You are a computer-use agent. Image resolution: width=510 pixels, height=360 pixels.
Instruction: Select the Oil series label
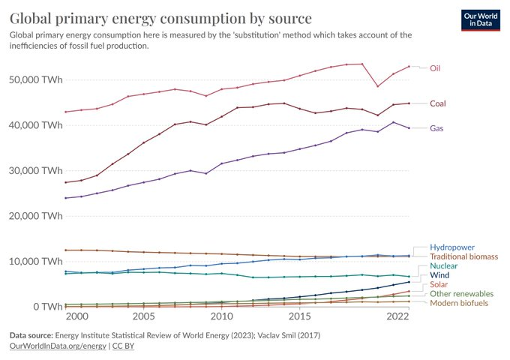(434, 68)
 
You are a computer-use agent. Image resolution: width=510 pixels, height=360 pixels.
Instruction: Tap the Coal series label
(438, 103)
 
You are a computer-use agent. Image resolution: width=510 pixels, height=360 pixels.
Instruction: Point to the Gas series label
(436, 128)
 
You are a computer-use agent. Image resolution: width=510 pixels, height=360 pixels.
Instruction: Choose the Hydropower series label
(452, 247)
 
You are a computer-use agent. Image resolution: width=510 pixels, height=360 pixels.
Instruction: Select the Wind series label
(440, 276)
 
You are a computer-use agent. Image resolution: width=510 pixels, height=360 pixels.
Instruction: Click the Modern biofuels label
(460, 303)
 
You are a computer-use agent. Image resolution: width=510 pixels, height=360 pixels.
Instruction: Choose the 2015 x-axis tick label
(299, 317)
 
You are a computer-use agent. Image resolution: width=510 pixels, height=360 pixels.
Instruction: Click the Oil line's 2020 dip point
(377, 86)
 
